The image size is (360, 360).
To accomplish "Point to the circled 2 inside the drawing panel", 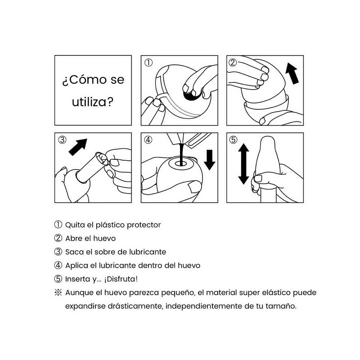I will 233,63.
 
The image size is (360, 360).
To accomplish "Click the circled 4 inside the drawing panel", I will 148,140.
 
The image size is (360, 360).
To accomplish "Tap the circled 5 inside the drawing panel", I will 233,140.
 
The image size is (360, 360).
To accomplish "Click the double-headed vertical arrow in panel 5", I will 243,164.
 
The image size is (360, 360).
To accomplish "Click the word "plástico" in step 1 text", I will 111,225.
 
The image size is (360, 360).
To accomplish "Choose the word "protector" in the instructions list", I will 144,225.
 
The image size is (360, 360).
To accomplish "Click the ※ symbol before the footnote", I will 58,292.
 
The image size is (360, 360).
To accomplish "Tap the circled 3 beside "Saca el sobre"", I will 58,252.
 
